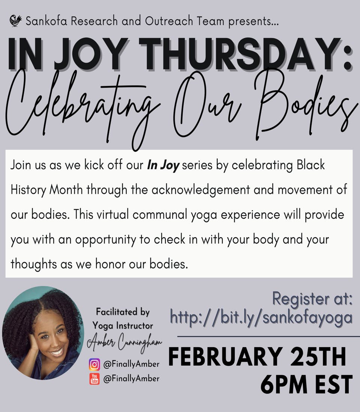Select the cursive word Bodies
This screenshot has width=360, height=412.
(307, 107)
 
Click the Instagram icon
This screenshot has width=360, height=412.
(94, 364)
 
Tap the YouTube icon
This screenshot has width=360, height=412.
(94, 378)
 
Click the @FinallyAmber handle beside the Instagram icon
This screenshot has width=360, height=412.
(130, 364)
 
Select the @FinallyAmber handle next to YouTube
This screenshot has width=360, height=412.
(130, 379)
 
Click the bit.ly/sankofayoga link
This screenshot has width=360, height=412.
(261, 317)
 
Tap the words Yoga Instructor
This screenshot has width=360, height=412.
(123, 325)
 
